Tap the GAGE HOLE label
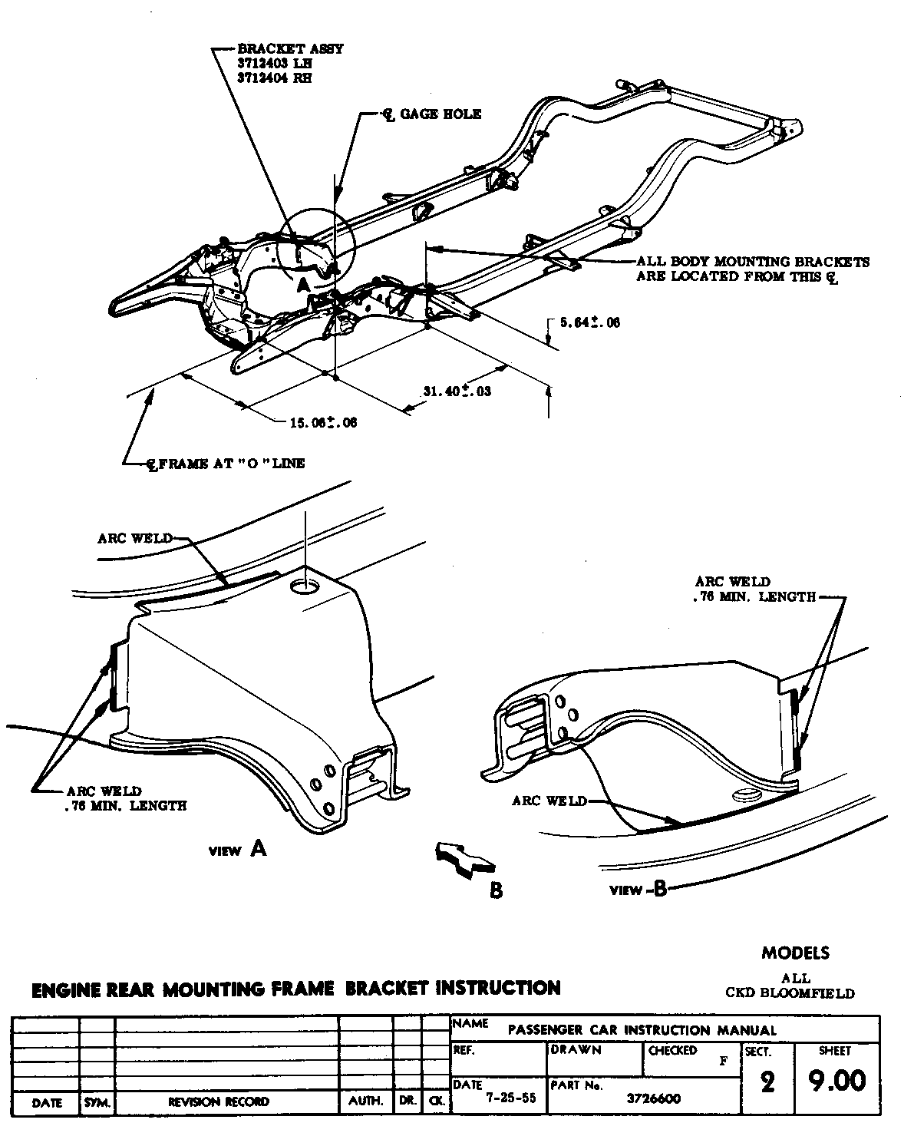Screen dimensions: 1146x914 [440, 114]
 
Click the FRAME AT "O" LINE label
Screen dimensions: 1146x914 [226, 463]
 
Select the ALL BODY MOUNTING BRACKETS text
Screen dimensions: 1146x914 [753, 262]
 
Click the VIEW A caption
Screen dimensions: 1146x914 [238, 849]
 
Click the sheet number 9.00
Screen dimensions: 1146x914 [836, 1081]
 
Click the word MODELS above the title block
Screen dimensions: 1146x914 [795, 953]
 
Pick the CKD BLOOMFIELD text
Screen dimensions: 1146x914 [790, 993]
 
